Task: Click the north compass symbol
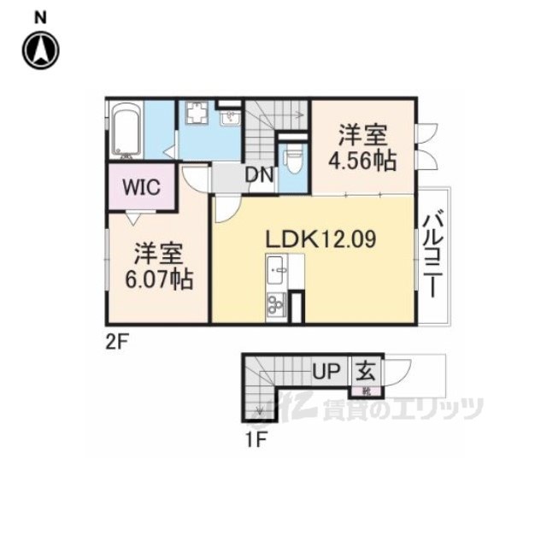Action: pos(41,50)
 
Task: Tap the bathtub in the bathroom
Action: pos(127,129)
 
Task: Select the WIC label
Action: pos(141,187)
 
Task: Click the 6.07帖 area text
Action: pos(159,279)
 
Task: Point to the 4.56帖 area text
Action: pos(363,161)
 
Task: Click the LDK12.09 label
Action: pos(321,239)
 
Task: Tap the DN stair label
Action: pos(259,175)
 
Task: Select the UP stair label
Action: pos(326,371)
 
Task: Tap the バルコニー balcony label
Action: pos(434,256)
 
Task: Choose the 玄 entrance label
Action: pos(366,371)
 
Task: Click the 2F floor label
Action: pos(118,342)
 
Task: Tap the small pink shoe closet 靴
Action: pos(366,391)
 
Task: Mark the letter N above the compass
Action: pos(40,18)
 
